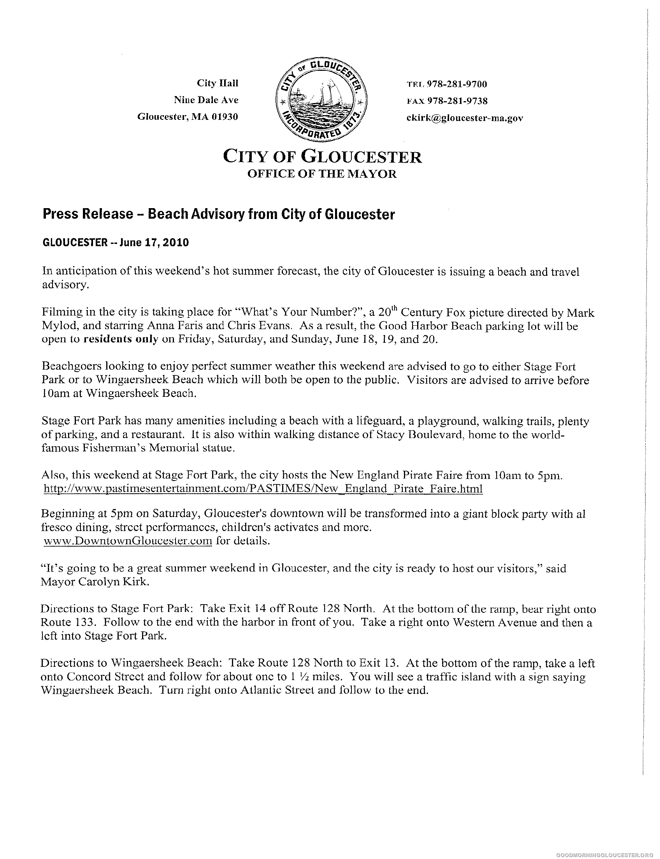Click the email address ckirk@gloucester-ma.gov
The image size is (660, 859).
(x=465, y=118)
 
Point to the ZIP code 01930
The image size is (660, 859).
(x=225, y=117)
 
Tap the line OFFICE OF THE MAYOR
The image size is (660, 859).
(x=322, y=174)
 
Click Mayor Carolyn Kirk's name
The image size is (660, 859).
(x=94, y=582)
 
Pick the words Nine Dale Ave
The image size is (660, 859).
(x=206, y=100)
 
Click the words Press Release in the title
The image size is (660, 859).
(x=88, y=214)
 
